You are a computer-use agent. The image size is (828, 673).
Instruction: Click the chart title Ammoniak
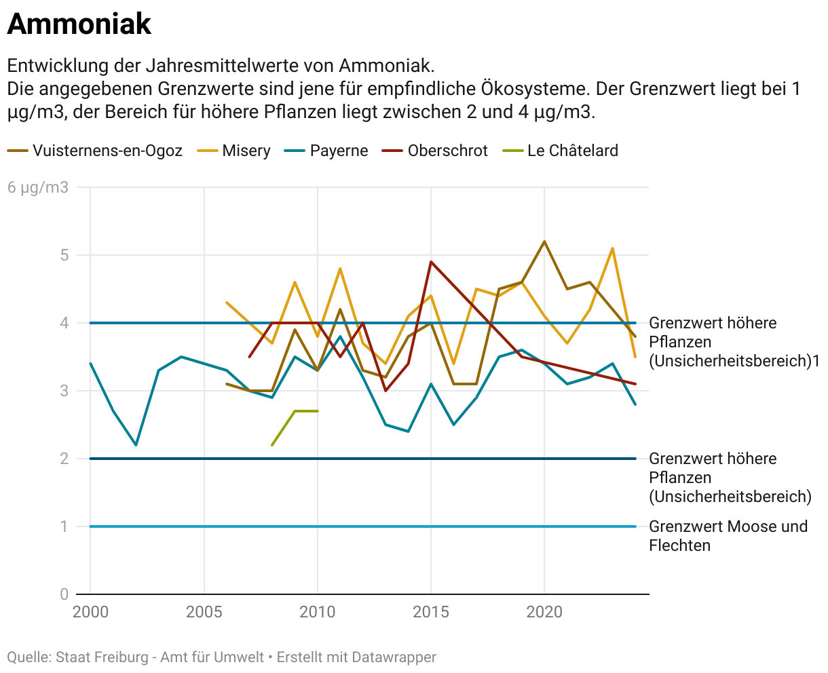79,24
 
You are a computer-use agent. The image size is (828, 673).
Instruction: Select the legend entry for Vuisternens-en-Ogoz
107,151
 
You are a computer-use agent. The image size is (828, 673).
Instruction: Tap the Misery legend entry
246,151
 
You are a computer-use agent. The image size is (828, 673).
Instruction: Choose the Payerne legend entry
339,151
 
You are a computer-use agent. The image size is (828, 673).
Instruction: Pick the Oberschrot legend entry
447,151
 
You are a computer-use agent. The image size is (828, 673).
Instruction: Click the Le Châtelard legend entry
572,151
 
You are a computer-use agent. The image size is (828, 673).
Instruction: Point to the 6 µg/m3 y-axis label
38,187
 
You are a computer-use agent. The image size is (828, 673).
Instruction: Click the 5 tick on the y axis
64,255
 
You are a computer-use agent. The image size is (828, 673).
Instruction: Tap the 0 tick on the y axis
64,594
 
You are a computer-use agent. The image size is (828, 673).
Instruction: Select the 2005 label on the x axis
204,612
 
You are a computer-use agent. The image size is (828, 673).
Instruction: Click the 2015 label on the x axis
431,612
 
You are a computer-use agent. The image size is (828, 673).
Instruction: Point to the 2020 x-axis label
544,612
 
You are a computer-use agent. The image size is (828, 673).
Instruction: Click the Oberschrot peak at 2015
431,262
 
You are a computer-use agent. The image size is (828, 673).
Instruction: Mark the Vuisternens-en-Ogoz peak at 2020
544,242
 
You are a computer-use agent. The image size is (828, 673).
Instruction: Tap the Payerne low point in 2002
136,445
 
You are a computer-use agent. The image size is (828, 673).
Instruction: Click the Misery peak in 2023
613,248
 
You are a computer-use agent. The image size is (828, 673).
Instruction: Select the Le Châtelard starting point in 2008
272,445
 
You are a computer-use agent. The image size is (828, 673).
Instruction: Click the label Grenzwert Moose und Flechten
728,536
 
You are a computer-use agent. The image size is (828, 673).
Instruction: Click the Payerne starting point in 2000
90,364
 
